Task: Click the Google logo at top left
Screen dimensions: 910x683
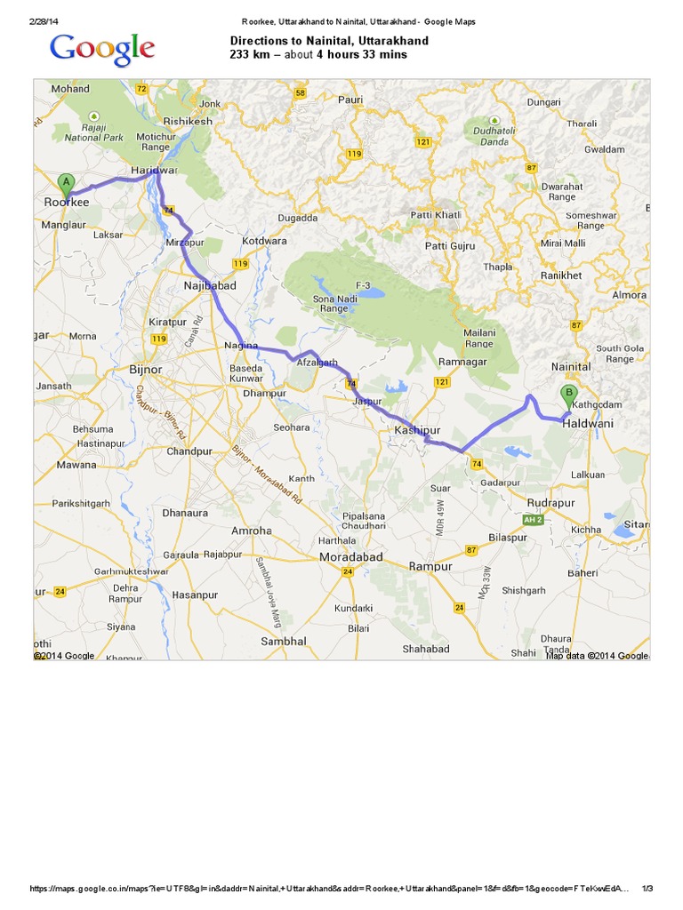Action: tap(102, 50)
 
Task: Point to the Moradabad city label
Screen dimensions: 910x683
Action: tap(350, 557)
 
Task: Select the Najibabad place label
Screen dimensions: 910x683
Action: tap(209, 286)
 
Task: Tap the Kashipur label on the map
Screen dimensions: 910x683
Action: tap(418, 430)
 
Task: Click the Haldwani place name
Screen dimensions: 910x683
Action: tap(588, 424)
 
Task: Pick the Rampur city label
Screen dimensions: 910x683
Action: tap(430, 566)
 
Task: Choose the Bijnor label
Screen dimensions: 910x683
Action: tap(146, 368)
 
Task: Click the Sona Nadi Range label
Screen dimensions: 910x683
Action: tap(334, 304)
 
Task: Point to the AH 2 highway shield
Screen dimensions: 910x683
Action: tap(533, 520)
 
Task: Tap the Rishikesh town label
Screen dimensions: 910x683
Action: tap(189, 121)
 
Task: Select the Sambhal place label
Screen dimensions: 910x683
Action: tap(284, 641)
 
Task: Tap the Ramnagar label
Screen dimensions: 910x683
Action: tap(462, 363)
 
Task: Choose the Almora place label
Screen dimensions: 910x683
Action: tap(629, 294)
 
